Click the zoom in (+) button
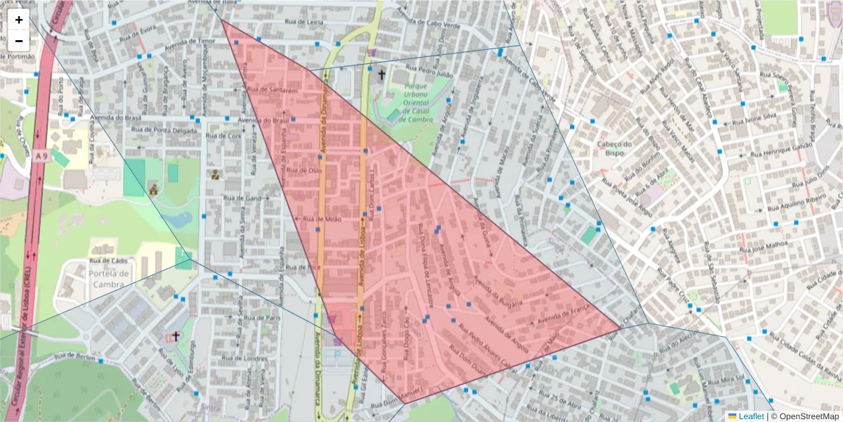click(19, 20)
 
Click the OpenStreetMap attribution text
click(806, 416)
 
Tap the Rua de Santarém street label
click(275, 91)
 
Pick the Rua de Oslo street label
click(305, 170)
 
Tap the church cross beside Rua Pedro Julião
click(382, 74)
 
